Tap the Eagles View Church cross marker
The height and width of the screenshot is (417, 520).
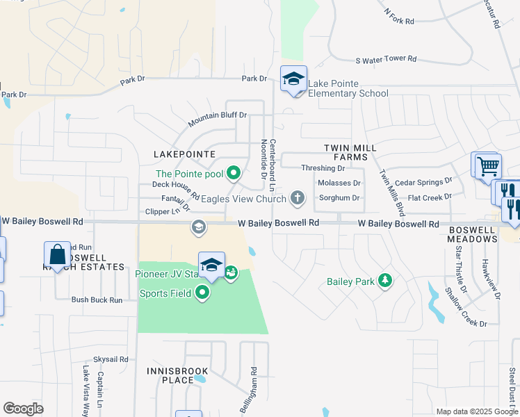pos(298,199)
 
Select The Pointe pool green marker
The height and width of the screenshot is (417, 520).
pos(234,174)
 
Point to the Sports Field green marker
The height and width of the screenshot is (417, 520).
pos(202,293)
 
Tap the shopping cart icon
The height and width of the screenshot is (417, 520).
pos(487,166)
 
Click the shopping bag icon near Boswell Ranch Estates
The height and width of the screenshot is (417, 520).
pos(58,254)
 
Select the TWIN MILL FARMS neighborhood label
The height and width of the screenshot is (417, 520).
pos(350,153)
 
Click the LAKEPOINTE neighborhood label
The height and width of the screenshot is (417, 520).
pos(185,154)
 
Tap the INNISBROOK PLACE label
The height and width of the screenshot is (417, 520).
pos(170,375)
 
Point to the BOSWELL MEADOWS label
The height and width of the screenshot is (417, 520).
pos(473,234)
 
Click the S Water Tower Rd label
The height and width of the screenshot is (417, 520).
pos(385,60)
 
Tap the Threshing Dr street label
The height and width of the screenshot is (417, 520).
pos(323,168)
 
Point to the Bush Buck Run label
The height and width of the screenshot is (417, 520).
pos(97,300)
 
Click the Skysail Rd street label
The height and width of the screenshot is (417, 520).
pos(111,359)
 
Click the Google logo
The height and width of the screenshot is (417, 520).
pos(23,409)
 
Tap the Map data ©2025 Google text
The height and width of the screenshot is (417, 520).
pos(476,411)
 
